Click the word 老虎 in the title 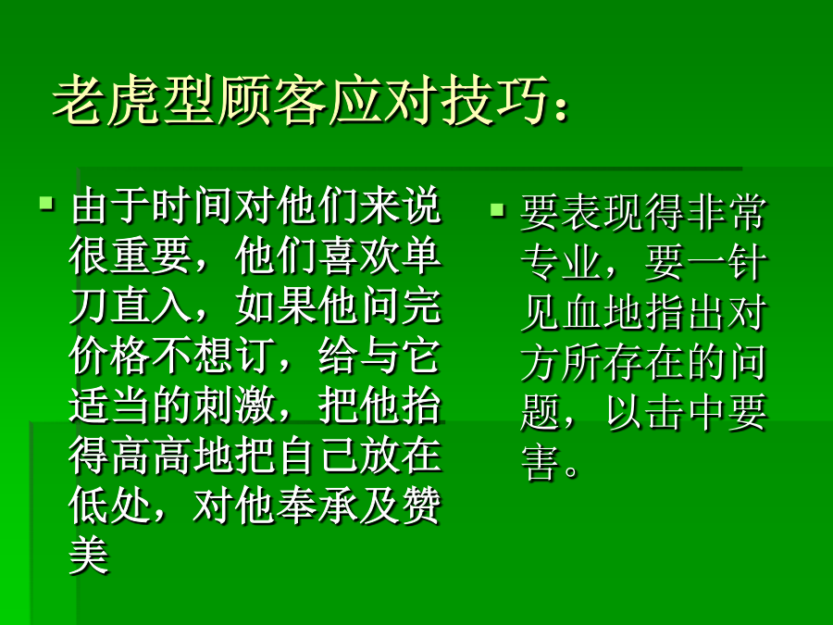pyautogui.click(x=106, y=100)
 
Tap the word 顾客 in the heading pyautogui.click(x=272, y=100)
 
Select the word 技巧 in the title pyautogui.click(x=494, y=100)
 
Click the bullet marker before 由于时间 pyautogui.click(x=47, y=204)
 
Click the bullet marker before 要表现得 pyautogui.click(x=497, y=210)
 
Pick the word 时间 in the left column pyautogui.click(x=194, y=206)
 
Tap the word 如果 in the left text pyautogui.click(x=276, y=306)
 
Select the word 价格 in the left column pyautogui.click(x=110, y=356)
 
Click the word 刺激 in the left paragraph pyautogui.click(x=234, y=406)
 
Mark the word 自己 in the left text pyautogui.click(x=317, y=456)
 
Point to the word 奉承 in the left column pyautogui.click(x=317, y=506)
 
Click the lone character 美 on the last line pyautogui.click(x=89, y=556)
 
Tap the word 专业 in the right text pyautogui.click(x=561, y=263)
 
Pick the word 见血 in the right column pyautogui.click(x=561, y=313)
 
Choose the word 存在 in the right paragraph pyautogui.click(x=643, y=363)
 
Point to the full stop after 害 pyautogui.click(x=572, y=471)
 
